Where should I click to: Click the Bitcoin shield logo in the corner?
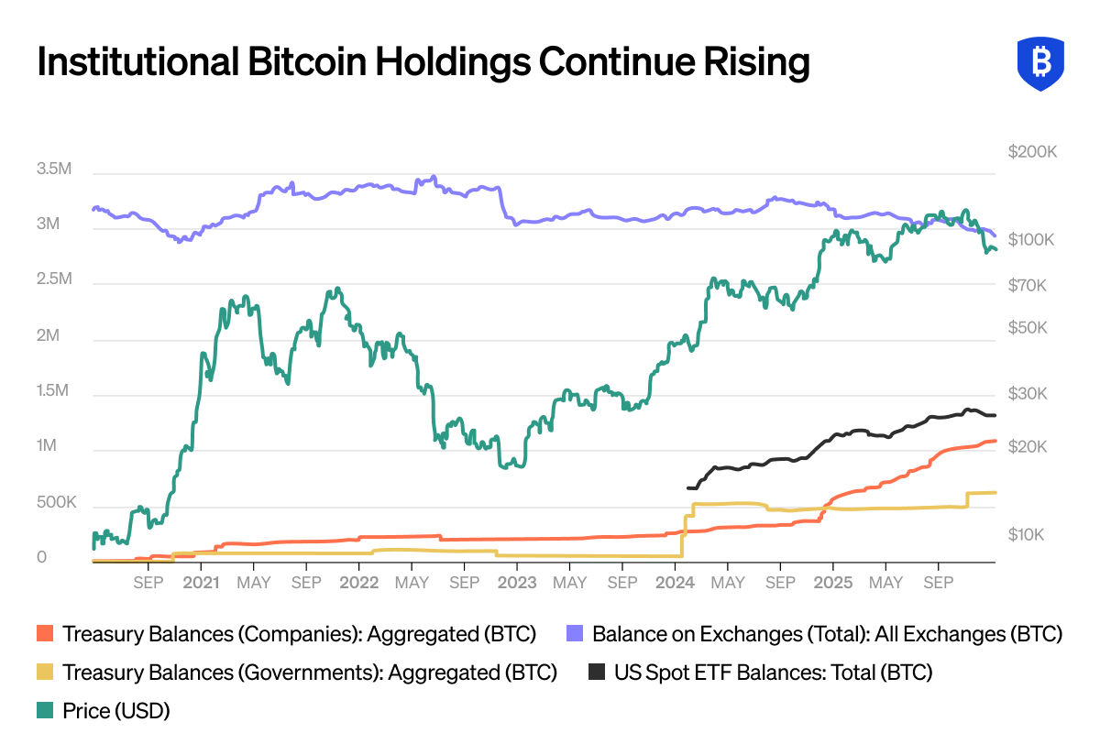point(1040,63)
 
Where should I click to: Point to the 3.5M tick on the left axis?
point(52,169)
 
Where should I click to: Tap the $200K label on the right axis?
point(1032,151)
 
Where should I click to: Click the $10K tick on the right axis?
point(1027,534)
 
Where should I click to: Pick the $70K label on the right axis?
point(1027,285)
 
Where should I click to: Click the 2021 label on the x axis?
point(201,583)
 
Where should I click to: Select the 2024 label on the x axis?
point(676,583)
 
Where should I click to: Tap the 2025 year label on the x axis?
point(834,583)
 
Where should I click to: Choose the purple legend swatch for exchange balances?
point(575,634)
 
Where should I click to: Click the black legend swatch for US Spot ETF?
point(596,673)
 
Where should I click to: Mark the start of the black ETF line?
point(687,487)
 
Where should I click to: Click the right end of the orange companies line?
point(995,441)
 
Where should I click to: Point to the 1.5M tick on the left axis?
point(52,391)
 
